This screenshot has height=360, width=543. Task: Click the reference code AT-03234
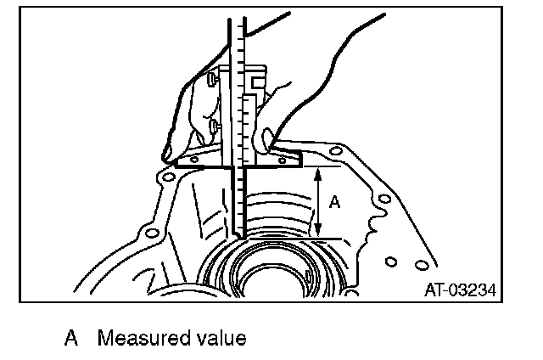click(x=459, y=290)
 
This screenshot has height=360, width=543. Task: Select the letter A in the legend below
click(x=71, y=339)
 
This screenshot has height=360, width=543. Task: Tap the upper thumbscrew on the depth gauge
click(x=210, y=83)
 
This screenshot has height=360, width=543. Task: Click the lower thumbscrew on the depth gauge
click(x=210, y=127)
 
